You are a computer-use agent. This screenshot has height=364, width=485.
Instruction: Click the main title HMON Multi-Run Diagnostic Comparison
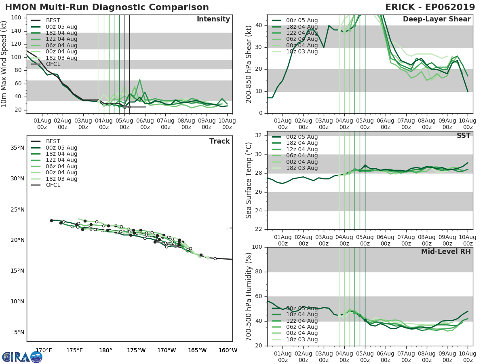(x=107, y=7)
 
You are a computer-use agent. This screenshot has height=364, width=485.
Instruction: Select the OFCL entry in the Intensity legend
(x=52, y=64)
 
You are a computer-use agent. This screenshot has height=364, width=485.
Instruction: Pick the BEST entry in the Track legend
(x=53, y=141)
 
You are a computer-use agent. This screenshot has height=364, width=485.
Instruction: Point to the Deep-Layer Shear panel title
(x=436, y=19)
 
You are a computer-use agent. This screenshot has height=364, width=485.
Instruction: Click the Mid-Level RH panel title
(x=446, y=252)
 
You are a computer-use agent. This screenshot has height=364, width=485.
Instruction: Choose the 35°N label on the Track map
(x=17, y=148)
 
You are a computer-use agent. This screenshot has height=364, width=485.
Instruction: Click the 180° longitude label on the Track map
(x=105, y=350)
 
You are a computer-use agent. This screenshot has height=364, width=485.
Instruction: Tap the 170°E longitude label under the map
(x=44, y=350)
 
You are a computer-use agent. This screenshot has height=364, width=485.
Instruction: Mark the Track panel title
(x=219, y=141)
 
